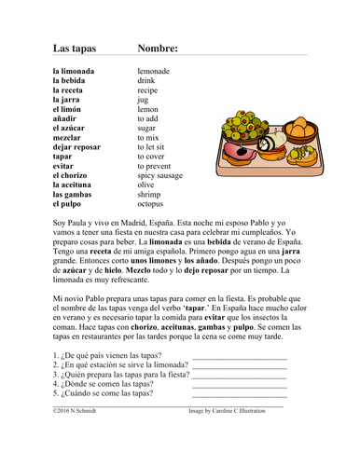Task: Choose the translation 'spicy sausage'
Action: pos(161,174)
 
